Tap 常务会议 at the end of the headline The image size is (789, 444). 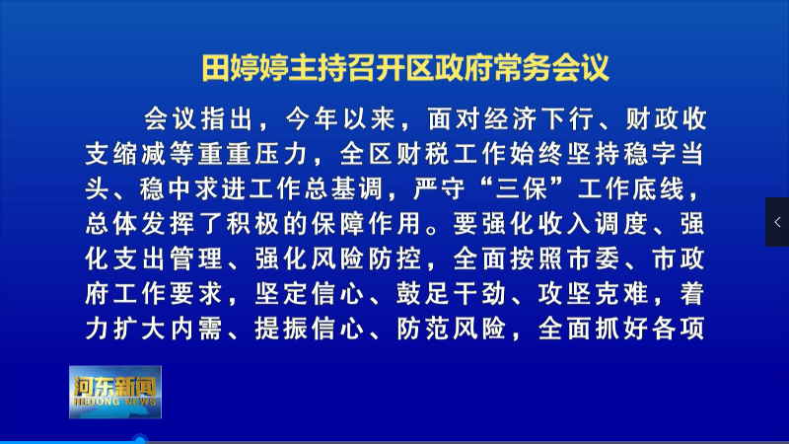[551, 68]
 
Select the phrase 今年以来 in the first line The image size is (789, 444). [340, 119]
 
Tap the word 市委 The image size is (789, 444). [594, 259]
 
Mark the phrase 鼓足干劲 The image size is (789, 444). [451, 294]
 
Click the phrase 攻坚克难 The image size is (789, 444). [593, 294]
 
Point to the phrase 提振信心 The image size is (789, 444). [310, 329]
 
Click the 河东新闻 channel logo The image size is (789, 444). [115, 392]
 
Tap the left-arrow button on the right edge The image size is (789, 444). [777, 222]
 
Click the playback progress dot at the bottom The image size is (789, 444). [140, 440]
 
